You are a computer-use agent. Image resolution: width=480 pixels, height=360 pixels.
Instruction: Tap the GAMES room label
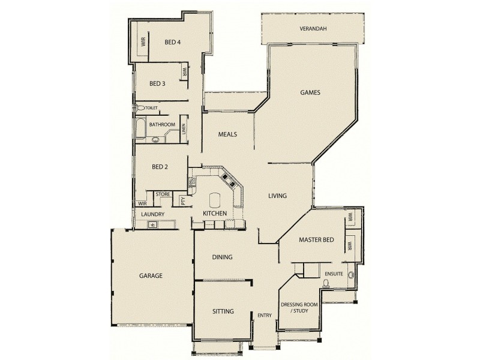310,93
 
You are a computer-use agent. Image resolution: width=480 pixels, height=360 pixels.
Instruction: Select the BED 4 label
173,42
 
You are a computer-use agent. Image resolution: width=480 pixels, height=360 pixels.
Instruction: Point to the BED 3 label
157,83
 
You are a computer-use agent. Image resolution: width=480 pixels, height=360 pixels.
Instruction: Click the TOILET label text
151,108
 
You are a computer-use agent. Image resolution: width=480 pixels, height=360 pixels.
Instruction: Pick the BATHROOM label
162,125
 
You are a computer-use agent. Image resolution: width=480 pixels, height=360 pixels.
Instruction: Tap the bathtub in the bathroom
141,127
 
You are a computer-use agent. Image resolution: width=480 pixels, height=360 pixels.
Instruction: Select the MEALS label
227,134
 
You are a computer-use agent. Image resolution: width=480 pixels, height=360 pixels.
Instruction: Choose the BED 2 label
160,167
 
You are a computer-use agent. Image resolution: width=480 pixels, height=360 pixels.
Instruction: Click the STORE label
163,194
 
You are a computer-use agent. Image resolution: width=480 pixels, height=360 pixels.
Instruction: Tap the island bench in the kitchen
214,200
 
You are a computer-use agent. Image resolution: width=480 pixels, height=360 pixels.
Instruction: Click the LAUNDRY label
152,214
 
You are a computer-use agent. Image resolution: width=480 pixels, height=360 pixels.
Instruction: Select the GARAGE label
151,276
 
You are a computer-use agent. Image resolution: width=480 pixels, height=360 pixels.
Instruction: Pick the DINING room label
222,257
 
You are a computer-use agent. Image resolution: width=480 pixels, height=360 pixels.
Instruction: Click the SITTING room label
223,311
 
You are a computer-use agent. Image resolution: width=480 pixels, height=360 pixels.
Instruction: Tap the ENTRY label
265,316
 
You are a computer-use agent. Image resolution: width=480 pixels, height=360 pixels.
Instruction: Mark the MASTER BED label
316,240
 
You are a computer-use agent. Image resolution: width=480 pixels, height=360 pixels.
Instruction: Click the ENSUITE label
334,274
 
